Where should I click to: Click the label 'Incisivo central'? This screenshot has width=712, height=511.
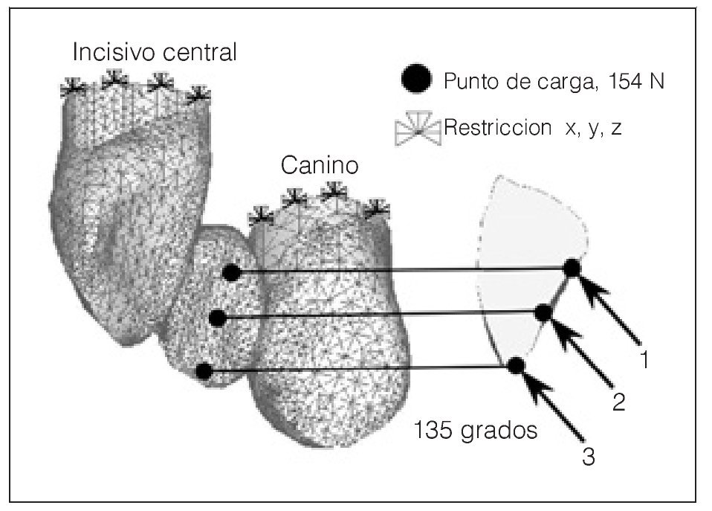[x=155, y=52]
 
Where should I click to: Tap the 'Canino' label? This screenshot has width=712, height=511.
[x=320, y=165]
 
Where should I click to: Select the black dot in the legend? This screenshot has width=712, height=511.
[x=415, y=79]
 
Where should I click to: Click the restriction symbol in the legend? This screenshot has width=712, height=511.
[x=418, y=129]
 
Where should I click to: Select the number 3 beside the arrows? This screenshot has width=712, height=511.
[x=588, y=456]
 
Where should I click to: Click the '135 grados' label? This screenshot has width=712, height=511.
[x=476, y=431]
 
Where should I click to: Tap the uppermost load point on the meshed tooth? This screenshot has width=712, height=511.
[x=232, y=273]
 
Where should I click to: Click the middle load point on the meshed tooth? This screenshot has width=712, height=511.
[x=218, y=318]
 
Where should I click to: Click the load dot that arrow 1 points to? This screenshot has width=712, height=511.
[x=572, y=268]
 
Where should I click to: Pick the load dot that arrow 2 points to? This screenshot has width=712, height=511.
[x=544, y=313]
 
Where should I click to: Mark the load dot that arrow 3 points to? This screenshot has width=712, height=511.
[x=517, y=364]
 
